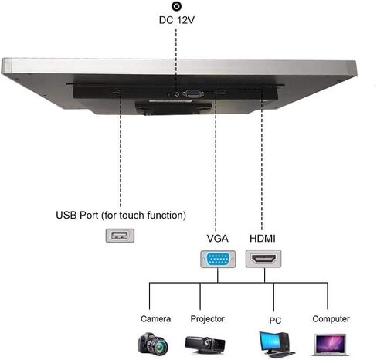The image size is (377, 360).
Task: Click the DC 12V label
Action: point(176,20)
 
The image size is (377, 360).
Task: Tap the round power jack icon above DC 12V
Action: point(177,6)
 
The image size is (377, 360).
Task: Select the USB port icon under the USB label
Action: point(120,236)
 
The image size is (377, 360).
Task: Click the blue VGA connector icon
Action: point(218,259)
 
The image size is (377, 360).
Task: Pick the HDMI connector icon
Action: point(263,259)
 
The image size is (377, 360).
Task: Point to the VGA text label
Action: point(218,239)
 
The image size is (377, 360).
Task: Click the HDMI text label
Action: point(263,239)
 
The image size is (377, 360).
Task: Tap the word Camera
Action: point(155,319)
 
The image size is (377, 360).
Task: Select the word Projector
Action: point(207,319)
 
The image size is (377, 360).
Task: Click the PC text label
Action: point(275,321)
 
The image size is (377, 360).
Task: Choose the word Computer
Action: point(331,319)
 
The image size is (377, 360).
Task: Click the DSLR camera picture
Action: point(153,344)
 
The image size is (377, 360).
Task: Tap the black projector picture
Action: point(205,345)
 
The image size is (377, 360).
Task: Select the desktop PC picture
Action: point(276,345)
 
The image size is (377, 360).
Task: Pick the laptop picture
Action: point(331,345)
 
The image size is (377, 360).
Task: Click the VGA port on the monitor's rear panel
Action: point(193,93)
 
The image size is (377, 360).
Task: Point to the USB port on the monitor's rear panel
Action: point(116,91)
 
